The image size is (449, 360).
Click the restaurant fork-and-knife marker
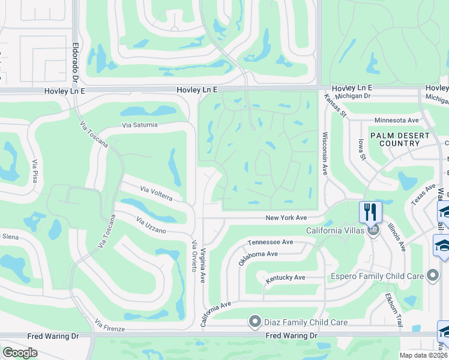point(370,212)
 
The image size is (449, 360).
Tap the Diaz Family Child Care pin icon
point(255,322)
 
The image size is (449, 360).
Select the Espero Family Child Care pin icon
point(432,276)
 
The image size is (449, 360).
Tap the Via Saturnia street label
point(139,125)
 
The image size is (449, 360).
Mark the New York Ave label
point(287,217)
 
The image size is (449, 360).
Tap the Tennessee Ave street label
point(271,242)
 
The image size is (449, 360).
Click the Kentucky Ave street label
point(286,277)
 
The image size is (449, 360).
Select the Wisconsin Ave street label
point(325,153)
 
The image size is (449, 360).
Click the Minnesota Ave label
point(396,120)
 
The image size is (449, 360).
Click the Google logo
point(20,353)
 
